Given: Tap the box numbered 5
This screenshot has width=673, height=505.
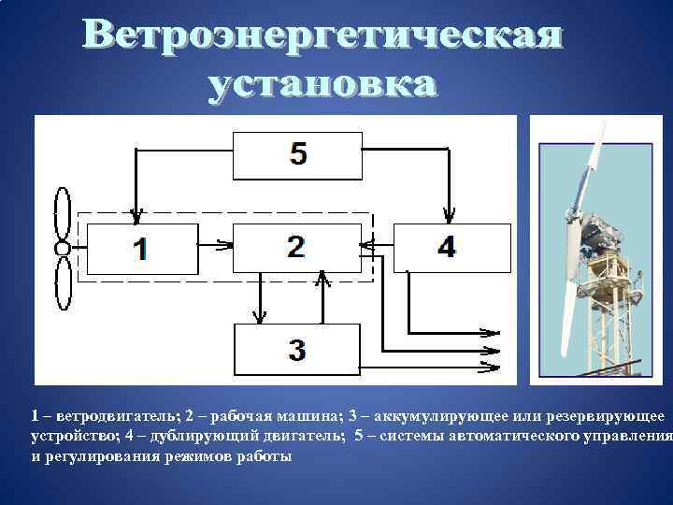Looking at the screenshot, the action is coord(297,155).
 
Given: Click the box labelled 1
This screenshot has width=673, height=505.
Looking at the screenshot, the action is coord(140,249).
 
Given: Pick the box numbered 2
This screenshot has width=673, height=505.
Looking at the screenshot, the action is coord(295,247).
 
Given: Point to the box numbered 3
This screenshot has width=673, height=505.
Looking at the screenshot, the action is coord(296,350).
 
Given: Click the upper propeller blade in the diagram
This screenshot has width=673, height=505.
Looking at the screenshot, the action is coord(63,214).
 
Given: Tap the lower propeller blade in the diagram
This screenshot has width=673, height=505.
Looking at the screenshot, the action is coord(63,282).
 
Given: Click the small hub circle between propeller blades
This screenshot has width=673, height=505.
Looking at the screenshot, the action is coord(63,249).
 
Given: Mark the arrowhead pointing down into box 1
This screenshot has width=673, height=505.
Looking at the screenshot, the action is coord(138,218).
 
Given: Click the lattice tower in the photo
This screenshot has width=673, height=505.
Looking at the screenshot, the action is coord(611,337).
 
